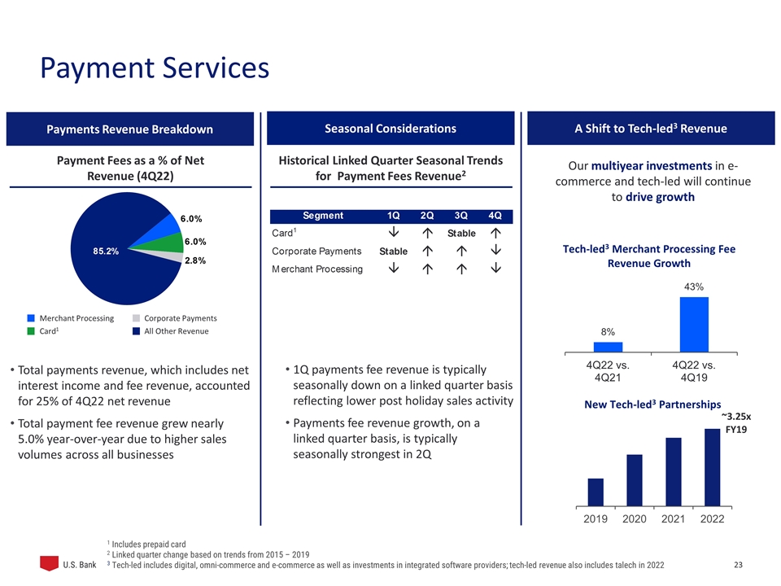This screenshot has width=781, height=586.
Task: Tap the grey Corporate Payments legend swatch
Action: [x=136, y=317]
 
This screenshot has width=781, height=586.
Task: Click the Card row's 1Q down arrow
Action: [x=394, y=234]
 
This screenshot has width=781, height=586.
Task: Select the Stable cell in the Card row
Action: [x=460, y=234]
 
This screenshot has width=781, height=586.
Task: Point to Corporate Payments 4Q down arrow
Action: [x=495, y=251]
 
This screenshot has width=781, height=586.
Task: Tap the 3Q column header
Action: [x=460, y=216]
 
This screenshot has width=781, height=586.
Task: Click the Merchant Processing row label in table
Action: [x=316, y=269]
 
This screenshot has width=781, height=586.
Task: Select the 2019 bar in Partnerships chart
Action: [x=596, y=492]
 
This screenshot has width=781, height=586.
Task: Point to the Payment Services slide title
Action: [x=155, y=68]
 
